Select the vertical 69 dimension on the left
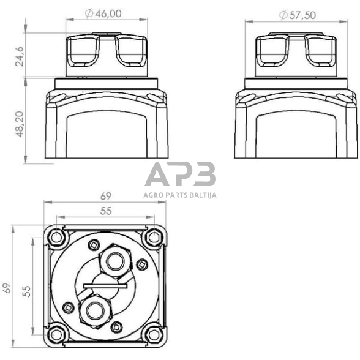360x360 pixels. [7, 288]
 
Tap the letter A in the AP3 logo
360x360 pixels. [156, 176]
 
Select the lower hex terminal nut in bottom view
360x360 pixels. [93, 310]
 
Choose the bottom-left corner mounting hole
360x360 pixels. [57, 332]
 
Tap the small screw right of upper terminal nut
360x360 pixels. [141, 264]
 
